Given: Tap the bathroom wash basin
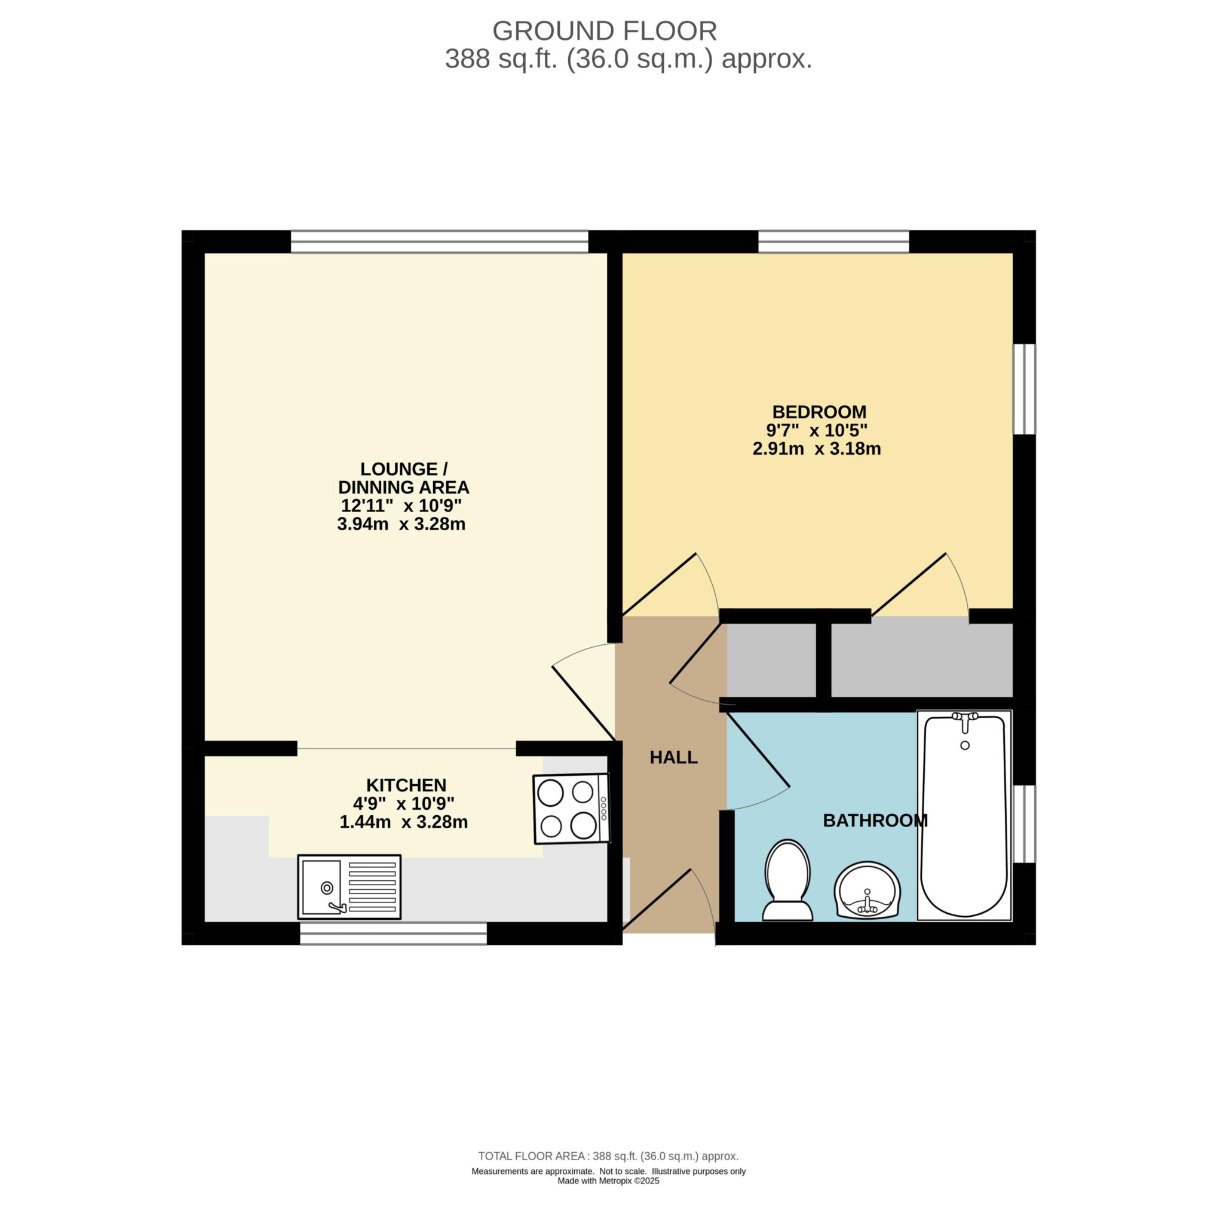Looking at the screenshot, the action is pyautogui.click(x=867, y=889).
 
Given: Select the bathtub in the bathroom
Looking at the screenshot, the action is pyautogui.click(x=964, y=815).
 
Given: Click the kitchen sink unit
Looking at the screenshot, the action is pyautogui.click(x=350, y=887).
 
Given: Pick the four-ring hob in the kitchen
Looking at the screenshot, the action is pyautogui.click(x=571, y=809).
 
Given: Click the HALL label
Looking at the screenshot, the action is pyautogui.click(x=673, y=757).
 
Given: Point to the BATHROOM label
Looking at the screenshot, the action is pyautogui.click(x=875, y=821).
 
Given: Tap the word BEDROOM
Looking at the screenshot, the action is pyautogui.click(x=819, y=412).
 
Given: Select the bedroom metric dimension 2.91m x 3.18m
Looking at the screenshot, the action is pyautogui.click(x=817, y=449).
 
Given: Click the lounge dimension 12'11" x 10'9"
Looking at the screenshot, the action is pyautogui.click(x=401, y=506).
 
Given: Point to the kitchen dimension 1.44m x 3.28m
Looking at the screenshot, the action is pyautogui.click(x=404, y=822).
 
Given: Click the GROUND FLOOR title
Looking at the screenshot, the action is pyautogui.click(x=605, y=30).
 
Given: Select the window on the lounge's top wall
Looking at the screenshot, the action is pyautogui.click(x=440, y=241).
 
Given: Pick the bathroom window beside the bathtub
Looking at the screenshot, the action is pyautogui.click(x=1025, y=824).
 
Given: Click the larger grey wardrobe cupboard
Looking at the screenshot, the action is pyautogui.click(x=922, y=660).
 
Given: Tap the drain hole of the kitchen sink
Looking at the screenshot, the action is pyautogui.click(x=327, y=888).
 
